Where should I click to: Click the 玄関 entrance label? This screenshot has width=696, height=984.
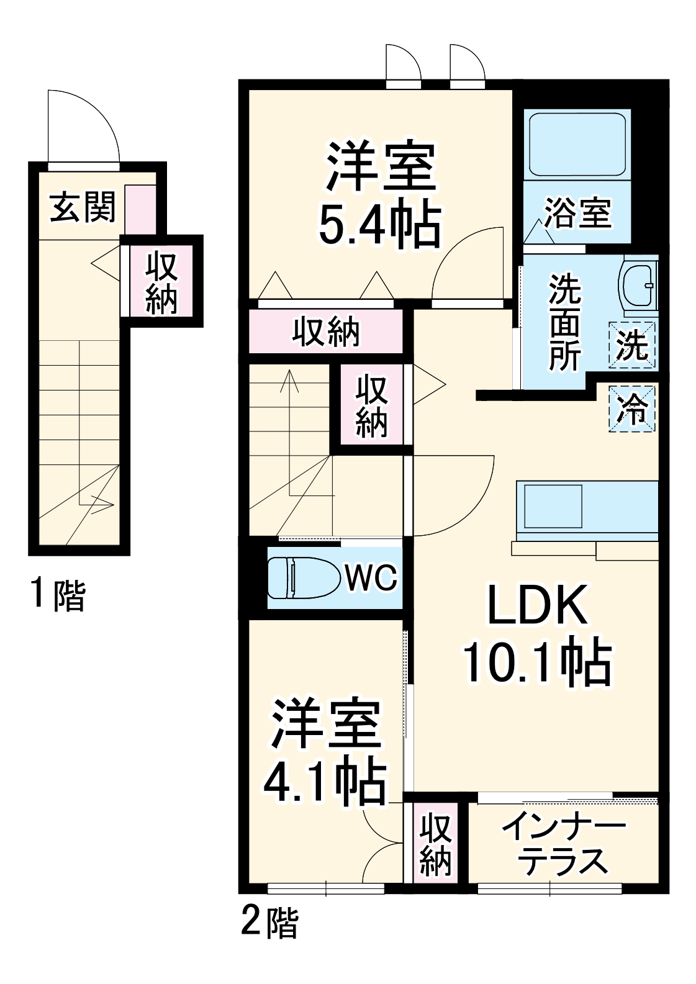83,207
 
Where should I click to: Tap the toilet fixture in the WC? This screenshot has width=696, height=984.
303,579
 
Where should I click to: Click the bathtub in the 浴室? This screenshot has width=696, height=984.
577,143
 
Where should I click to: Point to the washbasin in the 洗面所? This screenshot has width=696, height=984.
639,284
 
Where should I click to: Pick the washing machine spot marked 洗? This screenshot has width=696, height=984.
632,345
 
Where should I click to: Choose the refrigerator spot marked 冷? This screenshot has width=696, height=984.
632,408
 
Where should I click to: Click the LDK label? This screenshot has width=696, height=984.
536,605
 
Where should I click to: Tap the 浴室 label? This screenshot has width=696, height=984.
578,212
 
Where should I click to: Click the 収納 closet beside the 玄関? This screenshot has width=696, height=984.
162,282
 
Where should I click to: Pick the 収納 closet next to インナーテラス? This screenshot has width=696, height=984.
435,843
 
